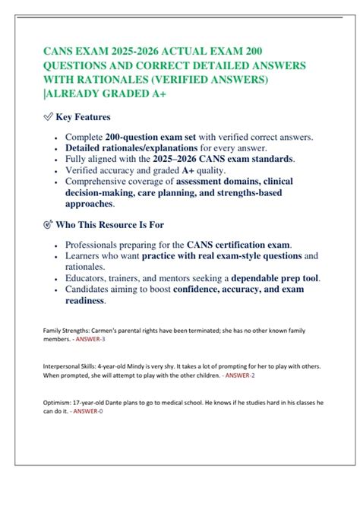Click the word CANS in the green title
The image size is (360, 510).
[58, 52]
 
